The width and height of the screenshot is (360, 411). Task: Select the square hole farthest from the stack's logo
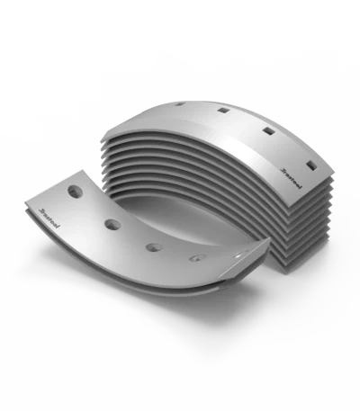pyautogui.click(x=180, y=105)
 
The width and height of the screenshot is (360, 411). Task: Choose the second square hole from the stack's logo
pyautogui.click(x=268, y=133)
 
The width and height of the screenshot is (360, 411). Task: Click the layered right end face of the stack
pyautogui.click(x=297, y=225)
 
